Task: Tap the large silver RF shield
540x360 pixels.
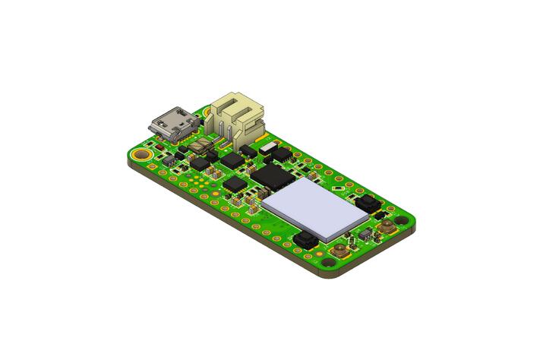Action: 315,208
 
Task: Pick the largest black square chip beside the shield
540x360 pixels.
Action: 271,176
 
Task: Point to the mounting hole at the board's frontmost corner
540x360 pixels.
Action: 329,261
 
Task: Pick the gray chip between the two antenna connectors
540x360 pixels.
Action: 367,235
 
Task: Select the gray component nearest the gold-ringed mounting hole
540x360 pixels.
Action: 169,160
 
